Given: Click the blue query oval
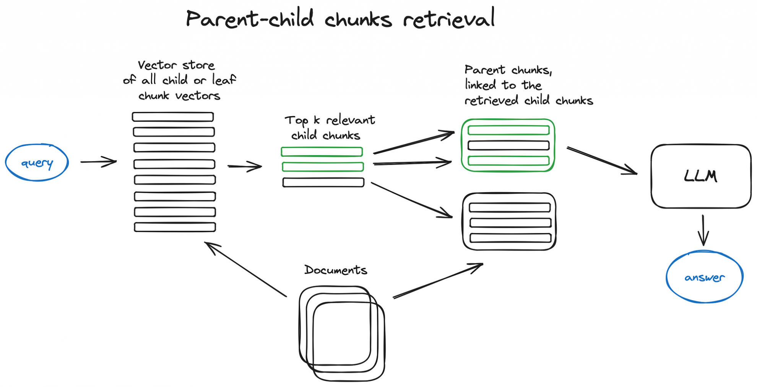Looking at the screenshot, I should [x=37, y=163].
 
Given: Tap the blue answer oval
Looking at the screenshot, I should [x=704, y=277].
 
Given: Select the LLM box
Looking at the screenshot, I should [x=701, y=176].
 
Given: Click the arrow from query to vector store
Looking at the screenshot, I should [x=98, y=162].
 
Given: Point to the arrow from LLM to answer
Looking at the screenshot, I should [x=703, y=230].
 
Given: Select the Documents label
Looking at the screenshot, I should [x=336, y=270].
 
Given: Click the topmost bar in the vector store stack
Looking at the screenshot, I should [x=173, y=117].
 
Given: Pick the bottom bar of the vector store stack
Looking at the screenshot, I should [x=175, y=227].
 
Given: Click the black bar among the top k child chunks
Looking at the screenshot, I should [x=323, y=182].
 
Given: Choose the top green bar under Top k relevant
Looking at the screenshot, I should [x=322, y=152].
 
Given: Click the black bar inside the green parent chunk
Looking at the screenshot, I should [x=508, y=145].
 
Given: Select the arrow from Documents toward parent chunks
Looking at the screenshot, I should [x=438, y=280].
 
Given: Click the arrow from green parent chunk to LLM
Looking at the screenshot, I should [x=602, y=161].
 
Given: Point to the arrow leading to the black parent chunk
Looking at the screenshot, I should [x=411, y=200].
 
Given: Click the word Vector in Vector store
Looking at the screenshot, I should [x=157, y=65].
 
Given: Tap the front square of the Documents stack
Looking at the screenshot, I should [x=349, y=341].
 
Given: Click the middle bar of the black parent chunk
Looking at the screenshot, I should [x=510, y=223].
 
